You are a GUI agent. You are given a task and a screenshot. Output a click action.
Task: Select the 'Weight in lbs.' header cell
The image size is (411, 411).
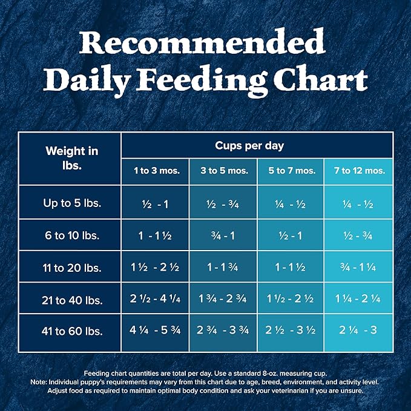[71, 158]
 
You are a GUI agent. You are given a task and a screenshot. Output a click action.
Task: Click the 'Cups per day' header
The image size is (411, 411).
[257, 146]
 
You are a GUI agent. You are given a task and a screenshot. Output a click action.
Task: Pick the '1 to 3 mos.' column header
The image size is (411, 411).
[156, 171]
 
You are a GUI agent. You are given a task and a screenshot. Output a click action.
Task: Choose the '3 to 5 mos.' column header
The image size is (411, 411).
[224, 171]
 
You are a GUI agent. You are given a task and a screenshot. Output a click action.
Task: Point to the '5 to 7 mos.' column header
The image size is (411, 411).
[292, 171]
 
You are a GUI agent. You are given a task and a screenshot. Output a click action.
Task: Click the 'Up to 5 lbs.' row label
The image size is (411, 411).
[71, 203]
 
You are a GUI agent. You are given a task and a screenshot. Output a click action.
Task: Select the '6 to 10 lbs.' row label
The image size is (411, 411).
[71, 235]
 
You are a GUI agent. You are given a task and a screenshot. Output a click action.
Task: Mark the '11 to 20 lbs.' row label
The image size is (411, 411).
[71, 267]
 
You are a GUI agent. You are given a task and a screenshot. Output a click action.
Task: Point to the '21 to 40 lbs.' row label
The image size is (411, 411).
[71, 299]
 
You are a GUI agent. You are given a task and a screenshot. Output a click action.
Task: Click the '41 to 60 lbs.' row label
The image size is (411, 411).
[71, 331]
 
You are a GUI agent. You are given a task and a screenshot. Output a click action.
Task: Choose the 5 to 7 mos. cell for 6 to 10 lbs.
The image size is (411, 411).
[292, 235]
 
